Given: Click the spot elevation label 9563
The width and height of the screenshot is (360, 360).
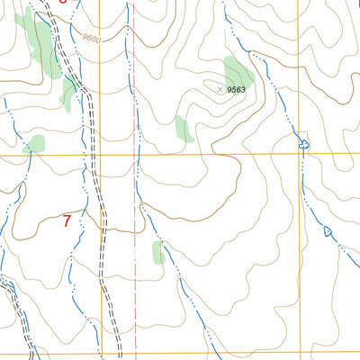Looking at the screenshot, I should (x=237, y=90).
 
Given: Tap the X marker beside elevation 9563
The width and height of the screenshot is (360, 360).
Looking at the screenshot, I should (x=220, y=88).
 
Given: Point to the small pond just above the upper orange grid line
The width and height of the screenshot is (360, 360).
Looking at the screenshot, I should (x=303, y=144).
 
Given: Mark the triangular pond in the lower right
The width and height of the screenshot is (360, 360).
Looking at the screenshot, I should (x=327, y=231).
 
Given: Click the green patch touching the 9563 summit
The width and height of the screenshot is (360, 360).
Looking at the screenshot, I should (x=238, y=72).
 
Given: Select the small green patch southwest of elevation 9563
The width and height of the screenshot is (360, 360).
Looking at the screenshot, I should (x=184, y=129).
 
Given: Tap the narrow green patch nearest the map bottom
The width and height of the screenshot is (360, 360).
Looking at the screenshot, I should (x=158, y=252).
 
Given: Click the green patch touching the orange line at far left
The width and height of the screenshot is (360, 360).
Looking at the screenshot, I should (x=34, y=144).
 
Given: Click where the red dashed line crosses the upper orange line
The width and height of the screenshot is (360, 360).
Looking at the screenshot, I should (x=138, y=156).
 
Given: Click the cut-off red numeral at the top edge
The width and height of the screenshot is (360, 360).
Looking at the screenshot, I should (x=61, y=2).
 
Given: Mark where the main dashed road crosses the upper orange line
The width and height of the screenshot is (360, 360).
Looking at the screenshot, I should (x=93, y=156).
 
